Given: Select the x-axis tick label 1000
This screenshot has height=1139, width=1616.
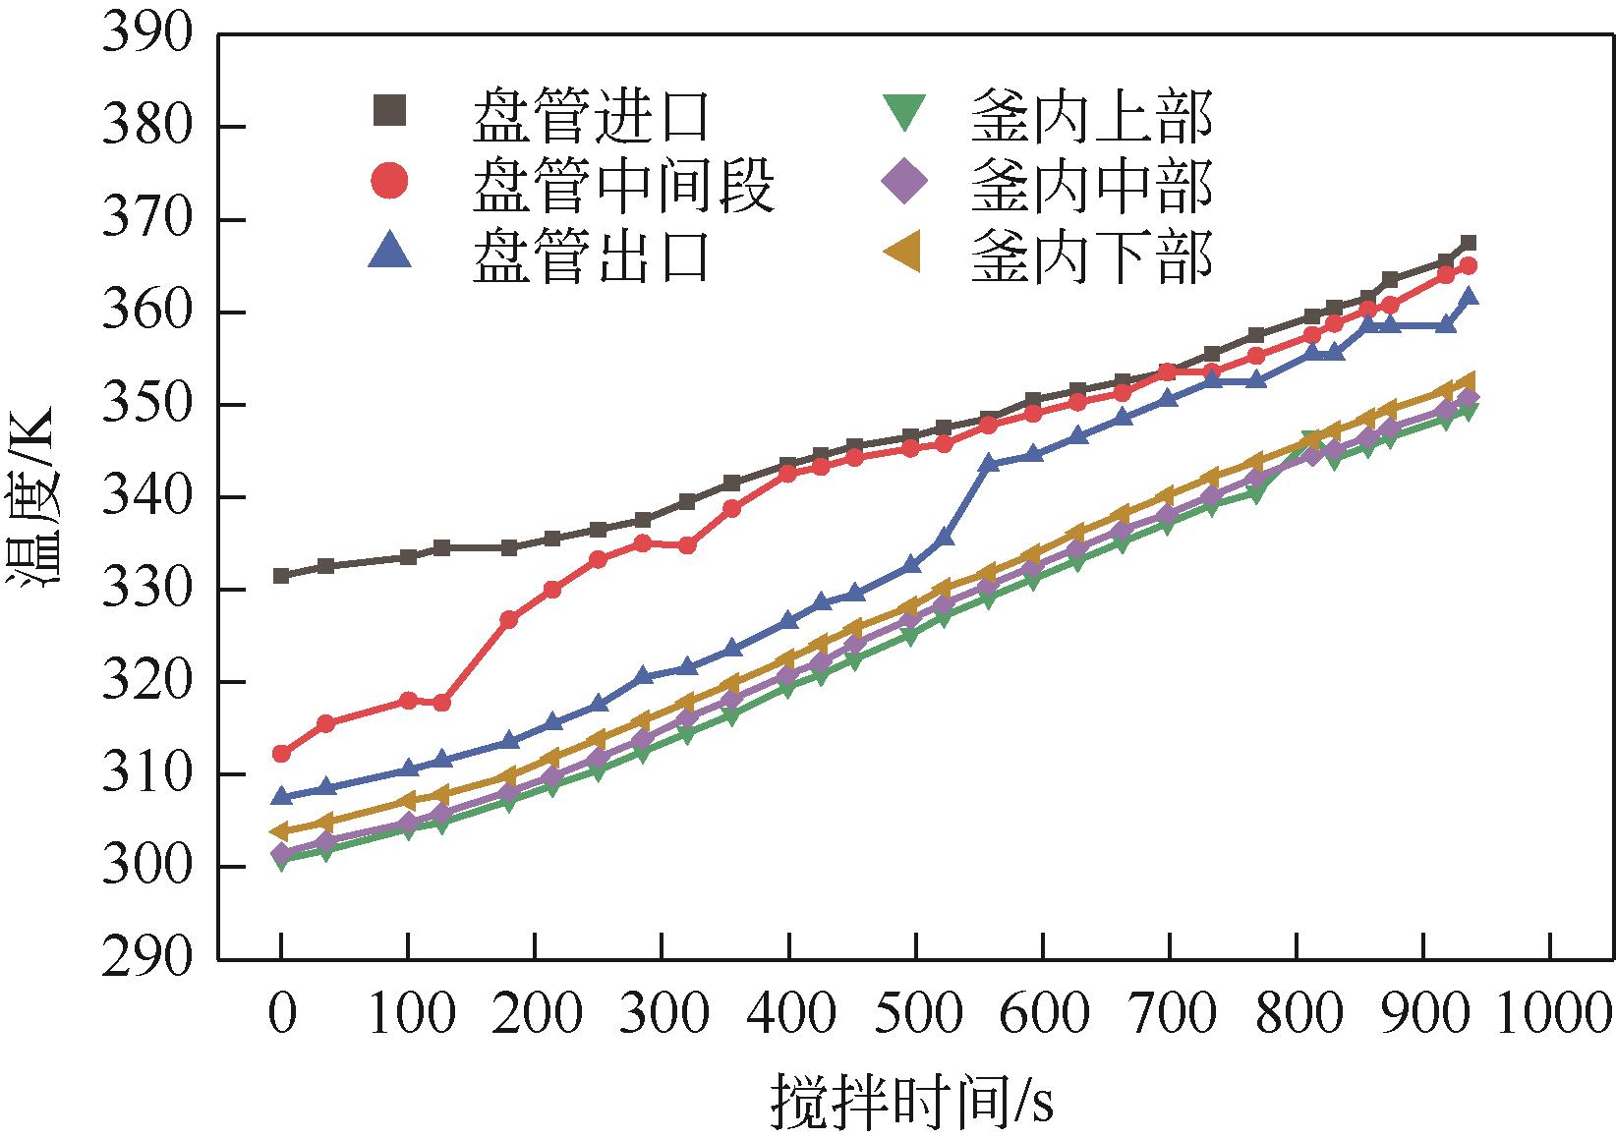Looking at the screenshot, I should [1551, 1013].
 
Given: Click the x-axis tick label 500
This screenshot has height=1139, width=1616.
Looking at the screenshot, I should [916, 1013].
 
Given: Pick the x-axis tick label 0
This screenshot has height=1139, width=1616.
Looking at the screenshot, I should [281, 1013].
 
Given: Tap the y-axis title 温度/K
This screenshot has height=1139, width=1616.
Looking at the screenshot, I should [35, 497].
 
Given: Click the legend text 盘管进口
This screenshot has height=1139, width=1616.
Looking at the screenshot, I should [591, 115].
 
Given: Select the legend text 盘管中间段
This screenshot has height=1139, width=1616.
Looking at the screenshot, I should [624, 183].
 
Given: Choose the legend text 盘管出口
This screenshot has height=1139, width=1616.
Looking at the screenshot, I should [591, 254].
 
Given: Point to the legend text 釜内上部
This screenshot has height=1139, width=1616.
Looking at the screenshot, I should [1091, 115].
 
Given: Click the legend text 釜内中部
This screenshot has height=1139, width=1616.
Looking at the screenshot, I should [1091, 183].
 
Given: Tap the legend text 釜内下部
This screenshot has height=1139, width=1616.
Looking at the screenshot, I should [1091, 254].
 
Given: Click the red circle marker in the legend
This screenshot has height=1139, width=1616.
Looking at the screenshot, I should [391, 181].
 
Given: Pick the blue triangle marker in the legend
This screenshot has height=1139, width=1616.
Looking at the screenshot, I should [391, 250].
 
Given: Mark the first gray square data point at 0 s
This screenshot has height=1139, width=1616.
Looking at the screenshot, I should [281, 575].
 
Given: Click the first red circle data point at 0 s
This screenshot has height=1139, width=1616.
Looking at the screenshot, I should [281, 754].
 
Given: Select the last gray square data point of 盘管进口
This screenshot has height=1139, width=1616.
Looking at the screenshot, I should [1469, 243].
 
